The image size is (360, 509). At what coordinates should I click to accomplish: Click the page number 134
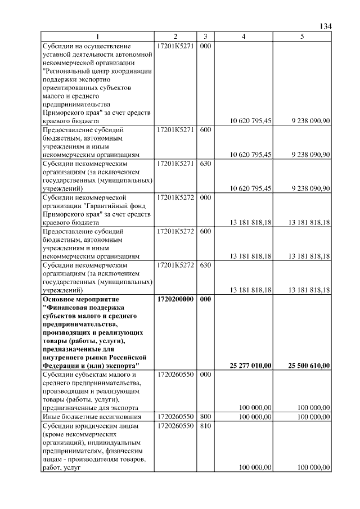[x=325, y=26]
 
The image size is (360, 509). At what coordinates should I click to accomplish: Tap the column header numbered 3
[x=205, y=37]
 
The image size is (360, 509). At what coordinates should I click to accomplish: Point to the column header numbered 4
[x=243, y=37]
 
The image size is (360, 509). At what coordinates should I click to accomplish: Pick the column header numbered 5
[x=302, y=37]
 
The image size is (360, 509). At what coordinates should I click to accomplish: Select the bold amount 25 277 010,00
[x=251, y=366]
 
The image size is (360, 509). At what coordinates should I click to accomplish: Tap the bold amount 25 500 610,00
[x=309, y=366]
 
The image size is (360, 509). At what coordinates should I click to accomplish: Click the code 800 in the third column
[x=205, y=416]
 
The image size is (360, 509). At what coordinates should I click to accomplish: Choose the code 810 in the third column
[x=205, y=426]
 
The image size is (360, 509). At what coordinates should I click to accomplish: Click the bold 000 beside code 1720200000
[x=205, y=299]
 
